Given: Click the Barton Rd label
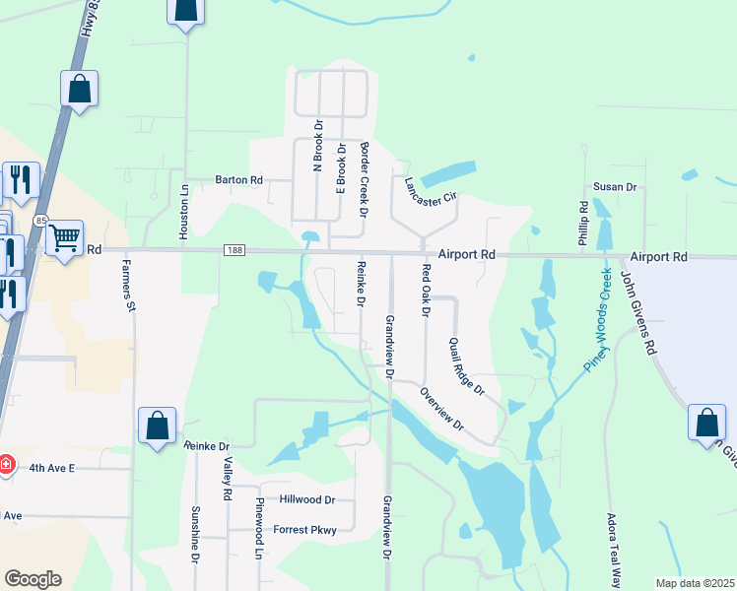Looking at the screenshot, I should pyautogui.click(x=239, y=180).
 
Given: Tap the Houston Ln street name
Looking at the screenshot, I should pyautogui.click(x=183, y=211).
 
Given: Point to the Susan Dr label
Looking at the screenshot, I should pyautogui.click(x=615, y=186).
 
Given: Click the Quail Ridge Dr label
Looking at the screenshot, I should pyautogui.click(x=467, y=366).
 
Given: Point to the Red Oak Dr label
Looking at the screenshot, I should pyautogui.click(x=426, y=291).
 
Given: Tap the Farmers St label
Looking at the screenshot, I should pyautogui.click(x=128, y=287).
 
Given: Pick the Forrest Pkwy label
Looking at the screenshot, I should pyautogui.click(x=305, y=531).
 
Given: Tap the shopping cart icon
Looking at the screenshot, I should pyautogui.click(x=64, y=237).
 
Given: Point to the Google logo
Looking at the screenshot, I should pyautogui.click(x=33, y=579).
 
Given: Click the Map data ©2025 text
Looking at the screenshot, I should pyautogui.click(x=694, y=583).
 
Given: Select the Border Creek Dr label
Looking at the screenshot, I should pyautogui.click(x=363, y=178).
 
